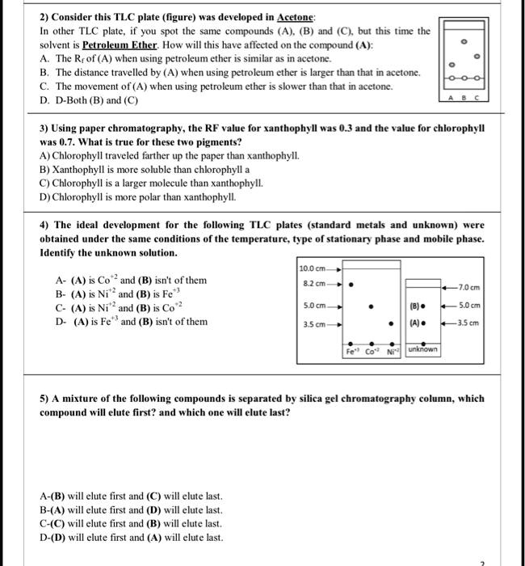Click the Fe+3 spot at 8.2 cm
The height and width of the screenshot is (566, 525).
[x=350, y=285]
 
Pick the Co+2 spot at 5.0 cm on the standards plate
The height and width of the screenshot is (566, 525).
[x=370, y=306]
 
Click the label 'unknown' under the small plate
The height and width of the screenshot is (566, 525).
[x=423, y=349]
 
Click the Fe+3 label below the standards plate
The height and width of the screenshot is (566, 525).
[x=351, y=351]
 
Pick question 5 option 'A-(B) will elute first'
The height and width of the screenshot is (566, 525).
[x=130, y=496]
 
